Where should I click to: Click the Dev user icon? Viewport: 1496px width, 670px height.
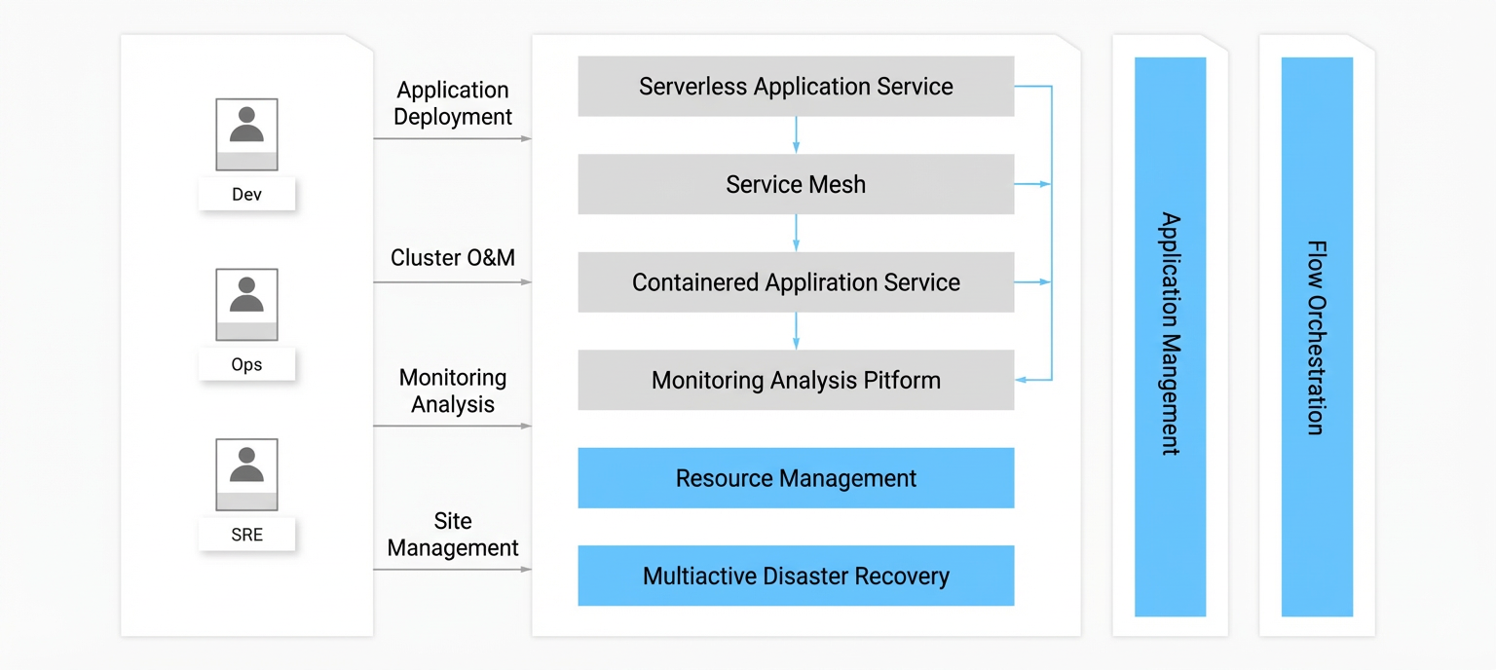(246, 134)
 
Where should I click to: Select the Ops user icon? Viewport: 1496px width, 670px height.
(246, 305)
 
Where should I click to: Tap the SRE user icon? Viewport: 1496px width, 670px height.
(246, 474)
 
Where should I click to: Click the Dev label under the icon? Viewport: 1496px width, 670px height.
(246, 195)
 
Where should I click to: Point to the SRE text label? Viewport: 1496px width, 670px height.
(246, 535)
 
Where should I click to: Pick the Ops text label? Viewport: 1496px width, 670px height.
(246, 365)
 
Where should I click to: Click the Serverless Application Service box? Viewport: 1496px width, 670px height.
(796, 86)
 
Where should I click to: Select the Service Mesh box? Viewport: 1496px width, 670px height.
(796, 184)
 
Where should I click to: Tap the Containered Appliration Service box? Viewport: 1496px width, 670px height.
(796, 281)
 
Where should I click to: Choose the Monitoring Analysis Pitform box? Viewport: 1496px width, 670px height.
(796, 380)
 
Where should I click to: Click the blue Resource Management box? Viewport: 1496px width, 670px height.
(796, 477)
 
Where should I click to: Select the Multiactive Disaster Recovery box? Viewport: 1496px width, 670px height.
(796, 576)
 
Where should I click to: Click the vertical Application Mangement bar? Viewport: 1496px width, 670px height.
(1170, 337)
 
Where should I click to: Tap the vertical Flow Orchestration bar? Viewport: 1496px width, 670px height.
(1317, 337)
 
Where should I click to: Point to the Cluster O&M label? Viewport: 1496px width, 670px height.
(453, 258)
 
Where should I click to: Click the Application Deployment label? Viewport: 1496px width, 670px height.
(453, 103)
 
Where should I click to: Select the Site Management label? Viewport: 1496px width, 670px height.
(453, 535)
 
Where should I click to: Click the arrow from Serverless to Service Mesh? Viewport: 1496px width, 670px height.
(796, 135)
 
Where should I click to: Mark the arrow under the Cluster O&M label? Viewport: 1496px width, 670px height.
(452, 281)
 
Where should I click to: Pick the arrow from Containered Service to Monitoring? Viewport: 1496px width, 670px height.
(796, 331)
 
